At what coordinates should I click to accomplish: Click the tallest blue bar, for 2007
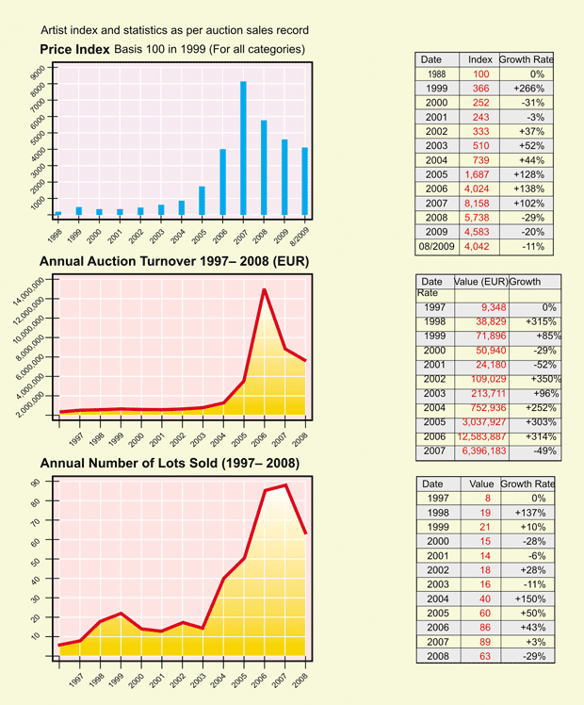coord(243,148)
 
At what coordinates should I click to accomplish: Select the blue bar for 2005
coord(202,200)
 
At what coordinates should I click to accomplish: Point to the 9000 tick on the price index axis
coord(38,73)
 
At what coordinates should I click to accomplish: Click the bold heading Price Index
coord(74,48)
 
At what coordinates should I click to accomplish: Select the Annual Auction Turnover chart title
coord(175,260)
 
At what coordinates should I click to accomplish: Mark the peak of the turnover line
coord(264,289)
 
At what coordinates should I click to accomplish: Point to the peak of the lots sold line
coord(284,484)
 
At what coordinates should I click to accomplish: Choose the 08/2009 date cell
coord(436,247)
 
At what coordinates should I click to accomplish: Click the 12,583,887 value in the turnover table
coord(482,436)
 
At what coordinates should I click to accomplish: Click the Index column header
coord(480,59)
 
